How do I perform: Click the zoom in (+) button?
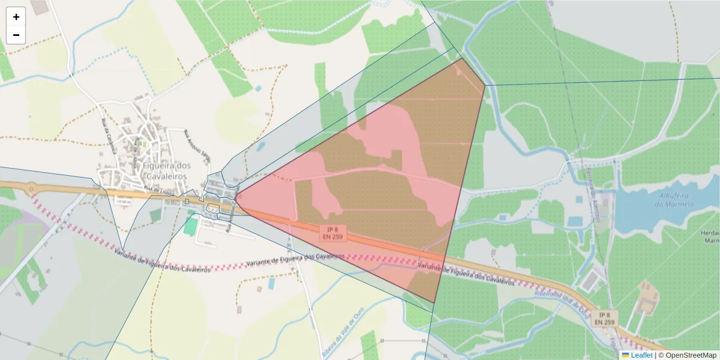tap(16, 17)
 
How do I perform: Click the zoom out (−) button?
tap(16, 35)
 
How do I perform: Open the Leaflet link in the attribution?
tap(641, 355)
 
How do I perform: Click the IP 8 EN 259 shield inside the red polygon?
tap(331, 234)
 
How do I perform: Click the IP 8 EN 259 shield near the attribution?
tap(604, 319)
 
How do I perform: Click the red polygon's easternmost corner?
tap(485, 85)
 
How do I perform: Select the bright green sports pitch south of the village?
tap(190, 226)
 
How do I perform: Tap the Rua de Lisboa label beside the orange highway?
tap(153, 191)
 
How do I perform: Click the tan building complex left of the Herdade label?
tap(647, 301)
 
